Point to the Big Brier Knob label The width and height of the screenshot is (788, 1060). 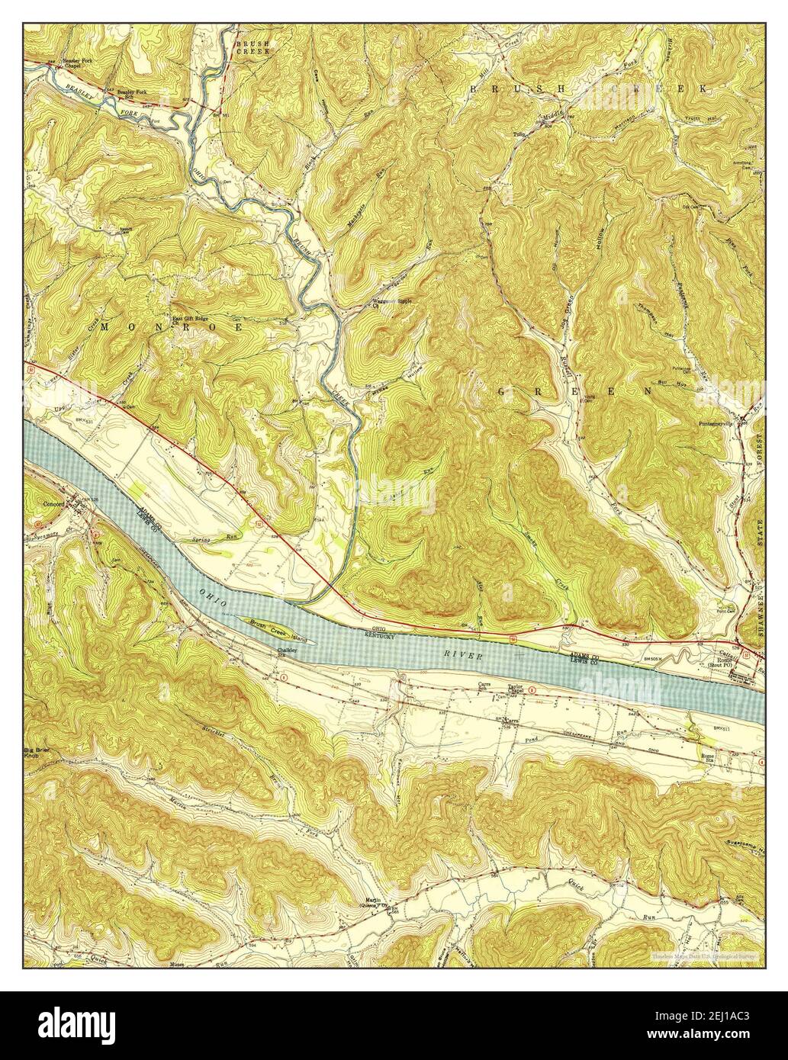pyautogui.click(x=34, y=753)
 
